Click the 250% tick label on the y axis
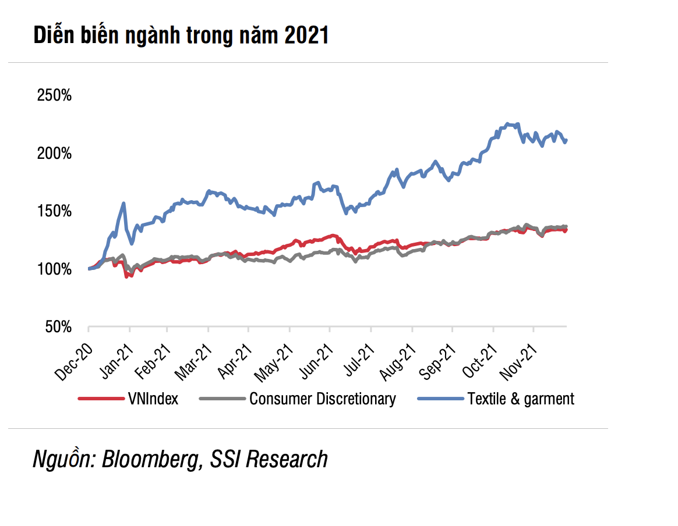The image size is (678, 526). click(54, 95)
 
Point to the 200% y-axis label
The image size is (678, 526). click(54, 154)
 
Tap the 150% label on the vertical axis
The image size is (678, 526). click(54, 211)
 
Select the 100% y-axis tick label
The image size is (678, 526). click(54, 269)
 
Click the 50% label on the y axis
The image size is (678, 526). click(58, 328)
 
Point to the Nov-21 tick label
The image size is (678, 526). click(520, 362)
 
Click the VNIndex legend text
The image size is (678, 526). click(153, 399)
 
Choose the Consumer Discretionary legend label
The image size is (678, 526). click(322, 399)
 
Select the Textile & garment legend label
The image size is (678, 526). click(521, 399)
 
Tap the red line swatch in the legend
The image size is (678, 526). click(100, 399)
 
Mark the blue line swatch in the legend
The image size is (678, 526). click(440, 399)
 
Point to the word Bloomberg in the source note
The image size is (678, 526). click(150, 459)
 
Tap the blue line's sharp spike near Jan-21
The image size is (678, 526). click(123, 203)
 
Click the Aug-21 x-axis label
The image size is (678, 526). click(398, 362)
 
